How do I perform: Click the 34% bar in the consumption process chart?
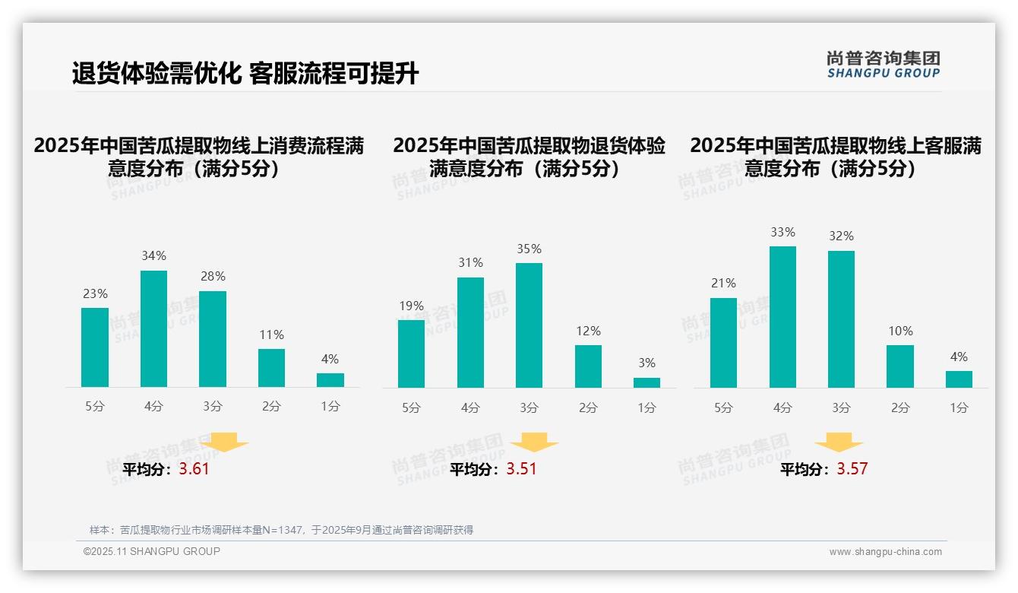pos(153,328)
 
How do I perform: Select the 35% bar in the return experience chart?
pos(529,325)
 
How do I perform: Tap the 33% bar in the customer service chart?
pos(782,317)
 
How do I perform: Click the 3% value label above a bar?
pos(647,363)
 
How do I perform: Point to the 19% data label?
pos(411,306)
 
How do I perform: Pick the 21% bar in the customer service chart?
pos(723,343)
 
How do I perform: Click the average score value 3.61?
pos(194,469)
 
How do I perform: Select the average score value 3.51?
pos(521,469)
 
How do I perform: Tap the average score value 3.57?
pos(852,469)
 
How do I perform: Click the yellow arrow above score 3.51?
pos(534,442)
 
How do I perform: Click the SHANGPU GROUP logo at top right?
pos(883,65)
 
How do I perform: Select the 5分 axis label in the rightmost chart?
pos(723,408)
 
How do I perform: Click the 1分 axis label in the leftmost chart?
pos(330,407)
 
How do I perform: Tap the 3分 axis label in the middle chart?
pos(529,408)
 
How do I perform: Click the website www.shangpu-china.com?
pos(885,552)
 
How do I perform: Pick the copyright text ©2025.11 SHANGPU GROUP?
pos(151,551)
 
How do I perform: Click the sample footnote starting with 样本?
pos(281,530)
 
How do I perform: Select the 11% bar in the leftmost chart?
pos(271,368)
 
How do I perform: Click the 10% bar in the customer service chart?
pos(899,366)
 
